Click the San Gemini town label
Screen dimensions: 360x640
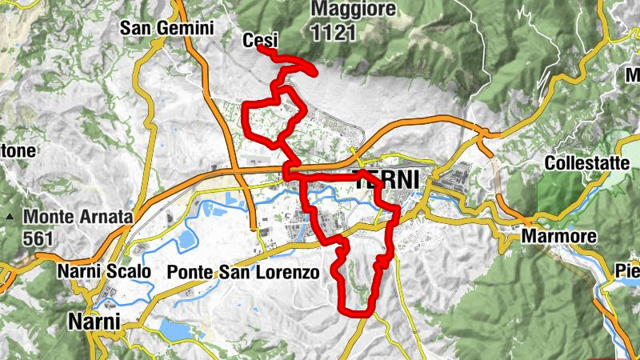[167, 28]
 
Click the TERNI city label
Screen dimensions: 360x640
[386, 181]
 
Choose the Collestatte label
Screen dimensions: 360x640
[586, 162]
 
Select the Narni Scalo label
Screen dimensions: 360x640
[103, 272]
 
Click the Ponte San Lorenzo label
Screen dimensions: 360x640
[243, 272]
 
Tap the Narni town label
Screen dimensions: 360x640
[94, 322]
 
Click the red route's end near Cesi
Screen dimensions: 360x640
[261, 51]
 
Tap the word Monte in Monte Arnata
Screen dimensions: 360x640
[46, 216]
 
